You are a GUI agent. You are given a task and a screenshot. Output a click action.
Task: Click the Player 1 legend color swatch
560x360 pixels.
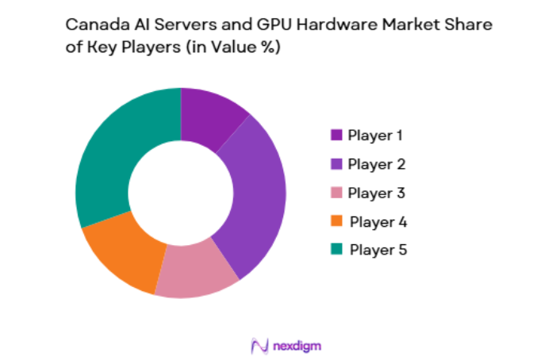coord(336,136)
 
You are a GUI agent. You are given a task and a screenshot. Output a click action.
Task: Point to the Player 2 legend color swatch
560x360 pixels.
coord(336,164)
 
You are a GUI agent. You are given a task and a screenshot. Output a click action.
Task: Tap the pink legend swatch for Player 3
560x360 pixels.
coord(336,193)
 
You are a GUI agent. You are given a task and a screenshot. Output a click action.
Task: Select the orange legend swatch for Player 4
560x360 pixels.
coord(336,221)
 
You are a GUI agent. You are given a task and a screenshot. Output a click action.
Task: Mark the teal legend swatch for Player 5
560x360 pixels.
coord(336,250)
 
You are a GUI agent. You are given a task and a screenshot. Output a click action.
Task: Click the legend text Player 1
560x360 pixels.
coord(375,136)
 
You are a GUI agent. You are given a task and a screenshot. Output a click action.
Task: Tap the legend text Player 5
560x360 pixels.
coord(377,250)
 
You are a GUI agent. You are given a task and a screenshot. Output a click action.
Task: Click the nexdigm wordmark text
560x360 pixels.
coord(295,346)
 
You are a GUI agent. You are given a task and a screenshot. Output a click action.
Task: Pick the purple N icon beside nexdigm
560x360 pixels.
coord(259,346)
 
